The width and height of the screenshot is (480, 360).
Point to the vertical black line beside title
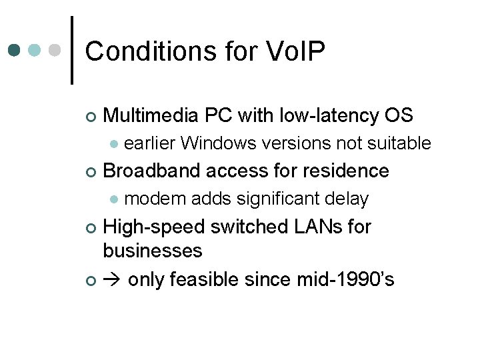point(71,50)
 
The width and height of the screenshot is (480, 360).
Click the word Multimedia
point(151,116)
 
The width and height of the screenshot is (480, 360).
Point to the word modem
point(149,199)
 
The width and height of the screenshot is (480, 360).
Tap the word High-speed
point(153,227)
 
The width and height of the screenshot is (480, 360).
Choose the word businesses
point(153,251)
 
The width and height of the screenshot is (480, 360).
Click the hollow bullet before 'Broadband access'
point(91,172)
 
